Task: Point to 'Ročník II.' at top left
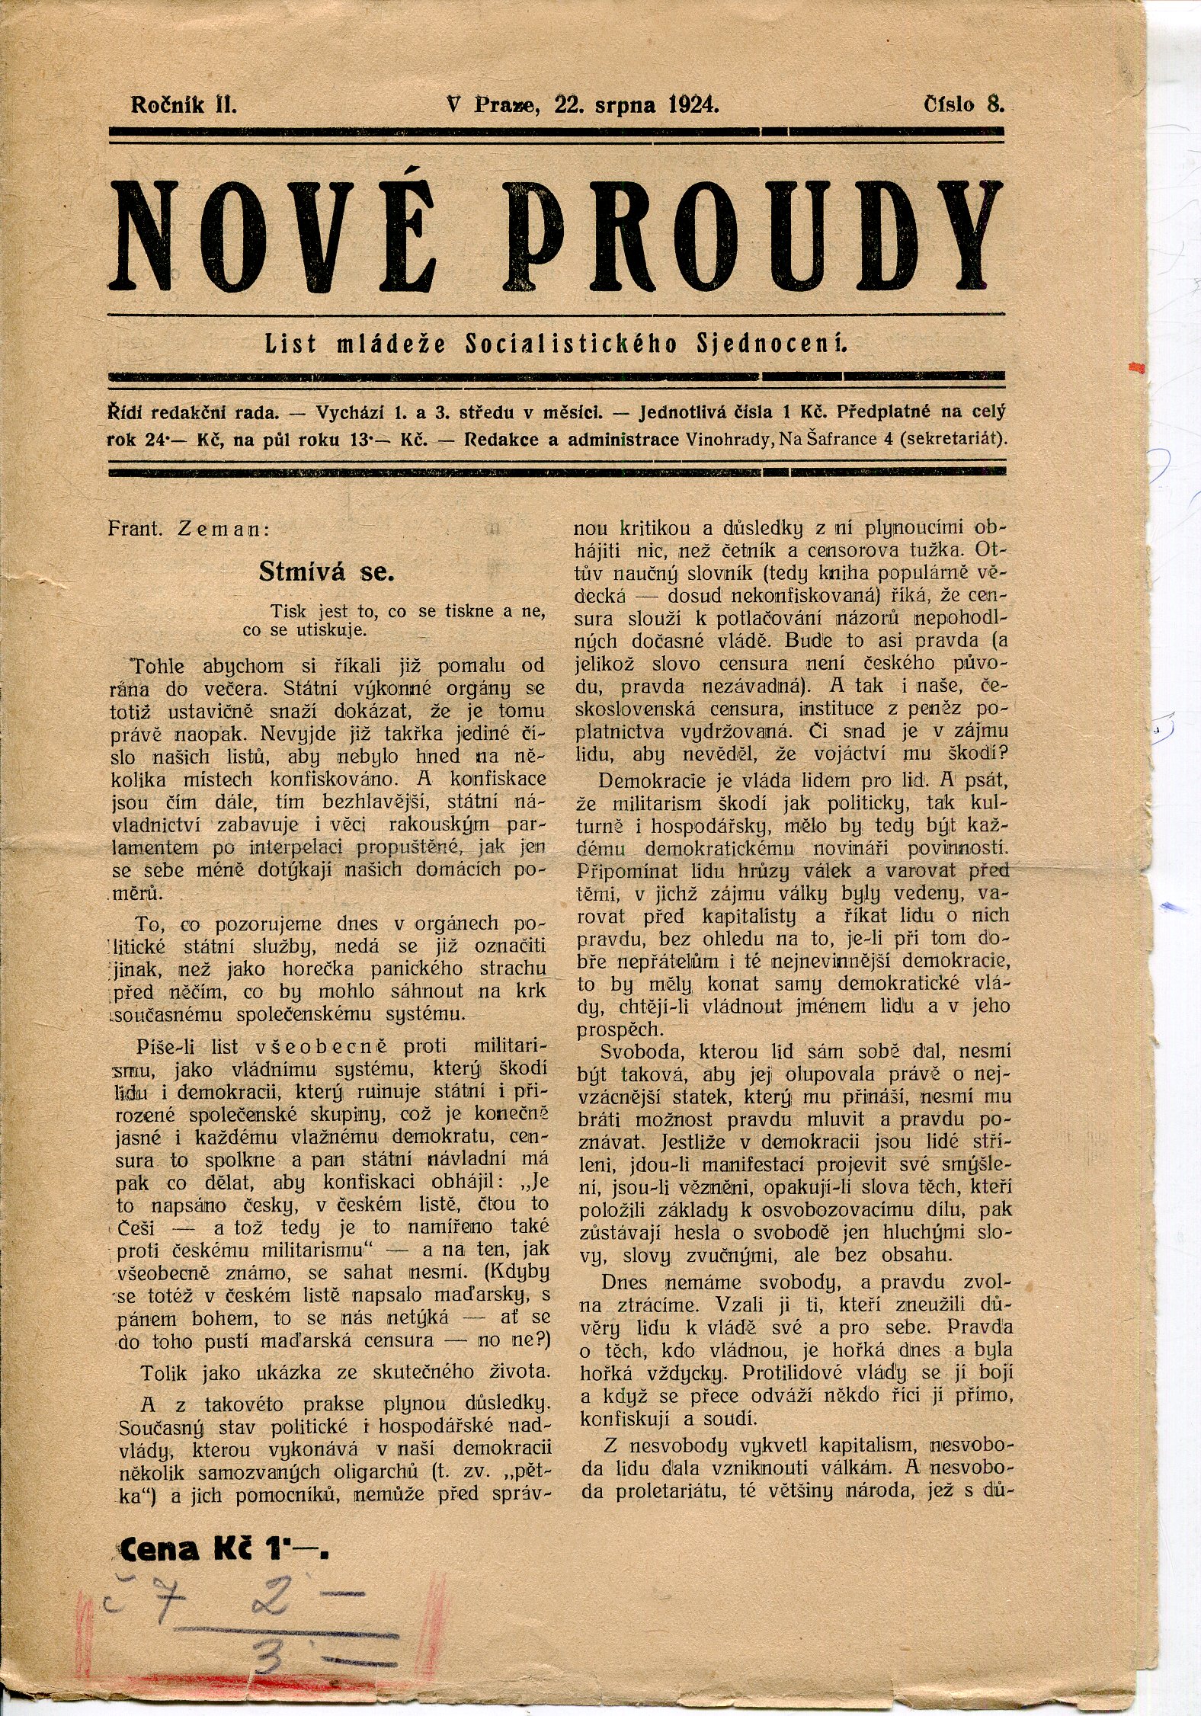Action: click(184, 104)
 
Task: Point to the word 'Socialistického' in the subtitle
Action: click(571, 344)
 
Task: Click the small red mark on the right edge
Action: click(1139, 367)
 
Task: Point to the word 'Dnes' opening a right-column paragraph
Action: click(624, 1282)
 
